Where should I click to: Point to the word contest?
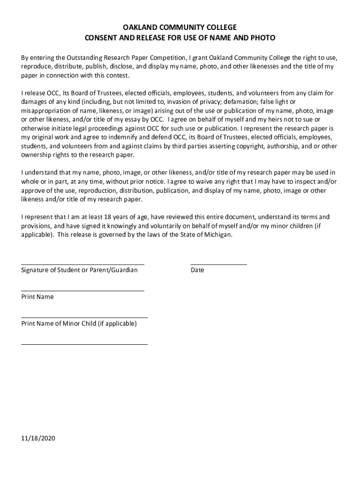click(117, 76)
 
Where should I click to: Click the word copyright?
click(250, 146)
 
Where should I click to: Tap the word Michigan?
click(217, 235)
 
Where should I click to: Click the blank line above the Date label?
click(218, 265)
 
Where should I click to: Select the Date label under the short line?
click(197, 270)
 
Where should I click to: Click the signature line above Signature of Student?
click(82, 265)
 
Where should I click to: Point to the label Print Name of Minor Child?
click(79, 324)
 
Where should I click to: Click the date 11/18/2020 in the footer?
click(38, 439)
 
